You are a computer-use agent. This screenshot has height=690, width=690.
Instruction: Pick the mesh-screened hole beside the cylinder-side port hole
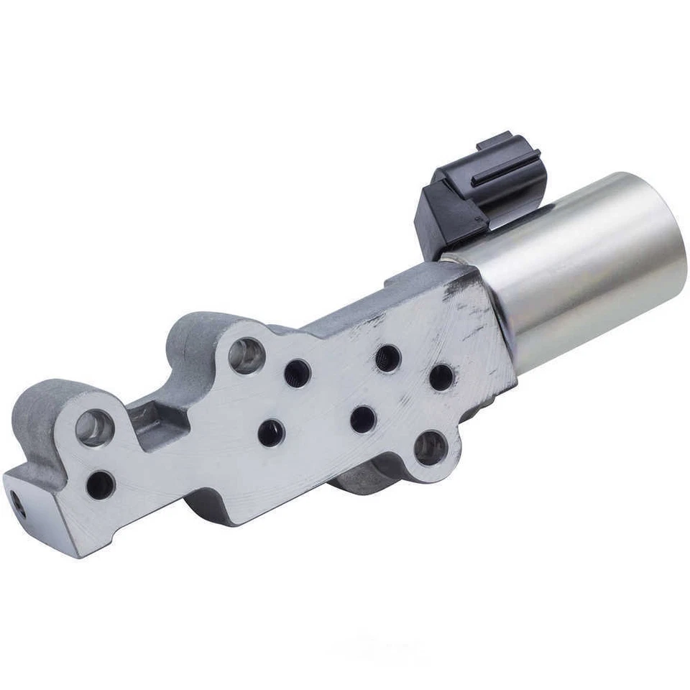pos(388,357)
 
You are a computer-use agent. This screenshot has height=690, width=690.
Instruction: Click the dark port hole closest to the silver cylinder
pos(441,377)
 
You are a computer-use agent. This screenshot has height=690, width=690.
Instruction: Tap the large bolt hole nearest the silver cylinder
pos(430,448)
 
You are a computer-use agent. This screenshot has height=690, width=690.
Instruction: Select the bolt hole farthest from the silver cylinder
pos(95,428)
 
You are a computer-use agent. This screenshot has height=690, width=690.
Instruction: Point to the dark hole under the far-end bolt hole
pos(100,484)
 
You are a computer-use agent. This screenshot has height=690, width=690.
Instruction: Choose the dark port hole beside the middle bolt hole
pos(297,373)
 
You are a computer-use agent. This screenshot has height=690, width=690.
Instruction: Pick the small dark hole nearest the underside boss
pos(363,418)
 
